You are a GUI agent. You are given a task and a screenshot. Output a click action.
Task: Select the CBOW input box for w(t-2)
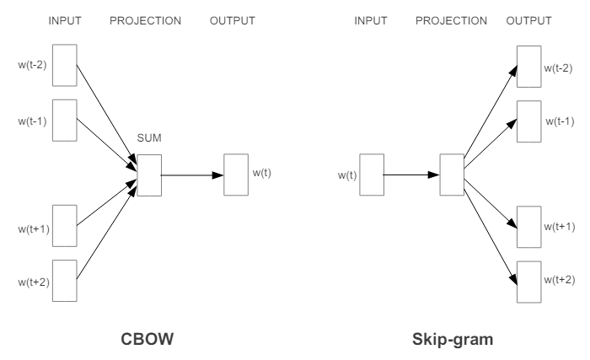(65, 64)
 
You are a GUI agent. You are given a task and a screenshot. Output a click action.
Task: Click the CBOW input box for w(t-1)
(65, 120)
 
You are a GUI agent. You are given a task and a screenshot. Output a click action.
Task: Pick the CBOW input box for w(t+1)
(65, 225)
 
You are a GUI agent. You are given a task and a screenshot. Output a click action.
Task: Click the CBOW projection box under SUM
(149, 175)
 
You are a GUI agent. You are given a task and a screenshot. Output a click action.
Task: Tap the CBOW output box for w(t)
(236, 175)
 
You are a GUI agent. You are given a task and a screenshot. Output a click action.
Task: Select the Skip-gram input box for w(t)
(372, 175)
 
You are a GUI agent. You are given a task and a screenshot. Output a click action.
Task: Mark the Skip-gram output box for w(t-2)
(528, 65)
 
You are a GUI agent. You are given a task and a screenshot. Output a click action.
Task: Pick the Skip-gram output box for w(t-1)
(528, 121)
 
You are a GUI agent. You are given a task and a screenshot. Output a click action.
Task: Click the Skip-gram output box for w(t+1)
(528, 225)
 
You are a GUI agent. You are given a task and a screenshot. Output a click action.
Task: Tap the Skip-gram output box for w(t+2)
(528, 282)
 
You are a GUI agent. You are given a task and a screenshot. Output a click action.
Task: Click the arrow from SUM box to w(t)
(192, 175)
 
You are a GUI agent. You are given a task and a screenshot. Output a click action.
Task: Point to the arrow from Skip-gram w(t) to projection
(412, 175)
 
